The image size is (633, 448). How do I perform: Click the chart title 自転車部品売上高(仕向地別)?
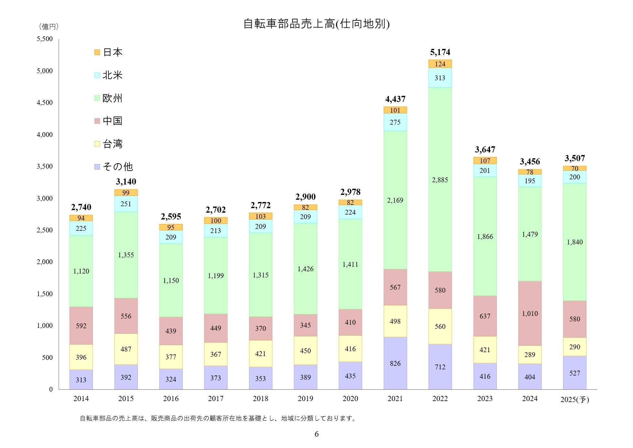tap(316, 24)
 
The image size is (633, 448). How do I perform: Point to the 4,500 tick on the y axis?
tap(44, 103)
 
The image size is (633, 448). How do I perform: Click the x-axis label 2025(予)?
tap(574, 399)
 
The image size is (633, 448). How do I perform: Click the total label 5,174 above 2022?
tap(440, 52)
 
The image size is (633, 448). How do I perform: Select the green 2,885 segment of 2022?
tap(440, 180)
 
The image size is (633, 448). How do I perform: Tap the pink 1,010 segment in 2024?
tap(529, 313)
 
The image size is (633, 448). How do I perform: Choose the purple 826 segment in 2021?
tap(395, 363)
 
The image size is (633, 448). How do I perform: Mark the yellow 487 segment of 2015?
tap(126, 349)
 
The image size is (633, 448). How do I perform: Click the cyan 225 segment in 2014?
tap(81, 228)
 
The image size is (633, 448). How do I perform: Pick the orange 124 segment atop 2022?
tap(440, 64)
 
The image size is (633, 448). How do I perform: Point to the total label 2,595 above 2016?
tap(171, 217)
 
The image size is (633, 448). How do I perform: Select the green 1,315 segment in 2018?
tap(260, 275)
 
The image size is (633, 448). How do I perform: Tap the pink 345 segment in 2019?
tap(305, 325)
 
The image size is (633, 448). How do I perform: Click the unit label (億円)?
tap(49, 27)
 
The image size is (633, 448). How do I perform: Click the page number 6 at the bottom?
tap(316, 434)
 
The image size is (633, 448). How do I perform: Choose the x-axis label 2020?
tap(350, 398)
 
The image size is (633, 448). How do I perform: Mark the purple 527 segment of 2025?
tap(574, 373)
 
